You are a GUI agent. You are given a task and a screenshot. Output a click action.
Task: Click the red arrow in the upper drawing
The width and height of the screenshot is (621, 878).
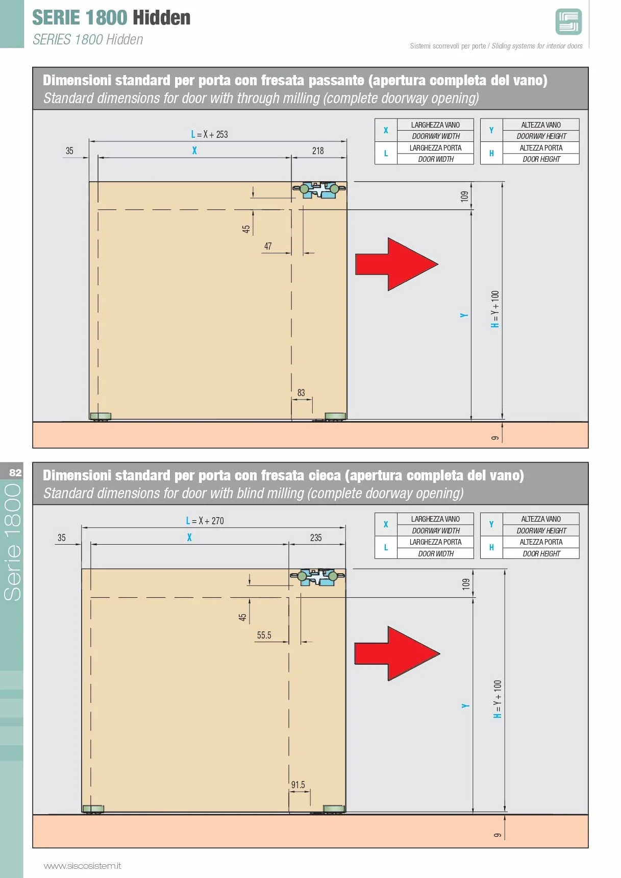point(396,264)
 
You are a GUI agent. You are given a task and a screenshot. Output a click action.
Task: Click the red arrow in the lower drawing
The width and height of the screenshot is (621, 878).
point(397,653)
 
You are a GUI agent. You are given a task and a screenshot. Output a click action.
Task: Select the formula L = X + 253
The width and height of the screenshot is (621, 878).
point(209,134)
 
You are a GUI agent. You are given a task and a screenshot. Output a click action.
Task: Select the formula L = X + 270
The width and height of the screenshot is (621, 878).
point(205,521)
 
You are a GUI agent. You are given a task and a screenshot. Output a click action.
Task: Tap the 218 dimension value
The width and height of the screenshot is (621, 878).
point(318,151)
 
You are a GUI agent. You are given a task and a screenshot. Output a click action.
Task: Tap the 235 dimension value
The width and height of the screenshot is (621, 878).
point(316,538)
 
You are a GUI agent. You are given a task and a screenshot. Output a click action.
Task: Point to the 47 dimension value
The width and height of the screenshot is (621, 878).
point(268,246)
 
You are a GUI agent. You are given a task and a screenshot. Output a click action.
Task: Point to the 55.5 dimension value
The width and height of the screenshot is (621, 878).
point(264,635)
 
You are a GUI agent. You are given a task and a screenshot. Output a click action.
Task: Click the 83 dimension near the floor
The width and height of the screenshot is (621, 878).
point(301,393)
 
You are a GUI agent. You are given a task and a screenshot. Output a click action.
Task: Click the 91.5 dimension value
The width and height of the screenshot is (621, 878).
point(298,785)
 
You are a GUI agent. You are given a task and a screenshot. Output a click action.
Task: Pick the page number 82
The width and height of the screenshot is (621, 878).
point(15,473)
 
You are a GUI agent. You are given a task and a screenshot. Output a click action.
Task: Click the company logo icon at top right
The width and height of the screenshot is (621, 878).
point(568,22)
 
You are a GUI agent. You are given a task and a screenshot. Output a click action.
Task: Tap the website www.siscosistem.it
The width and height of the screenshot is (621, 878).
point(82,866)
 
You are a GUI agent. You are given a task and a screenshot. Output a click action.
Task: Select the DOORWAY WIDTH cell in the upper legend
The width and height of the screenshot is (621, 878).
point(436,136)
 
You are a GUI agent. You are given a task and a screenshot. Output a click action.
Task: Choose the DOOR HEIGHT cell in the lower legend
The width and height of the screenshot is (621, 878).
point(541,553)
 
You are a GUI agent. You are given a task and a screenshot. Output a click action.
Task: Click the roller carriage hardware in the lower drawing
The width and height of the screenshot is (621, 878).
point(317,577)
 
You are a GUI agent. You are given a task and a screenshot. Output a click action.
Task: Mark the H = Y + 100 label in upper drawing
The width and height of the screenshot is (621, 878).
point(495,309)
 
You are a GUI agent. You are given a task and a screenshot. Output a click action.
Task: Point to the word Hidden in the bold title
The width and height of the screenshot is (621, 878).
point(161,18)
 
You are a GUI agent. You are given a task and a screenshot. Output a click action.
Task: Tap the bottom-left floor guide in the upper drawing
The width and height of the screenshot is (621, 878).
point(101,417)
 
